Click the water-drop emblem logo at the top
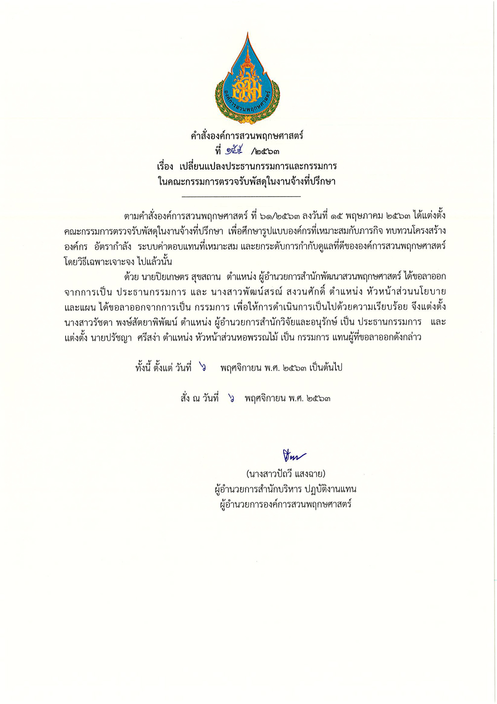(248, 79)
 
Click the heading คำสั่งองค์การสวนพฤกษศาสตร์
(247, 135)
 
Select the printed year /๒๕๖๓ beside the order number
(268, 151)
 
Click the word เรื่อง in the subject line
(166, 166)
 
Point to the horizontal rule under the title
(241, 197)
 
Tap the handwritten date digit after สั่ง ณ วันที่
(231, 398)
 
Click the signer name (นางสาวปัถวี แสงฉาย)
(286, 474)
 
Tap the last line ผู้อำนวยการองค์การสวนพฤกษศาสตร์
(286, 505)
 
